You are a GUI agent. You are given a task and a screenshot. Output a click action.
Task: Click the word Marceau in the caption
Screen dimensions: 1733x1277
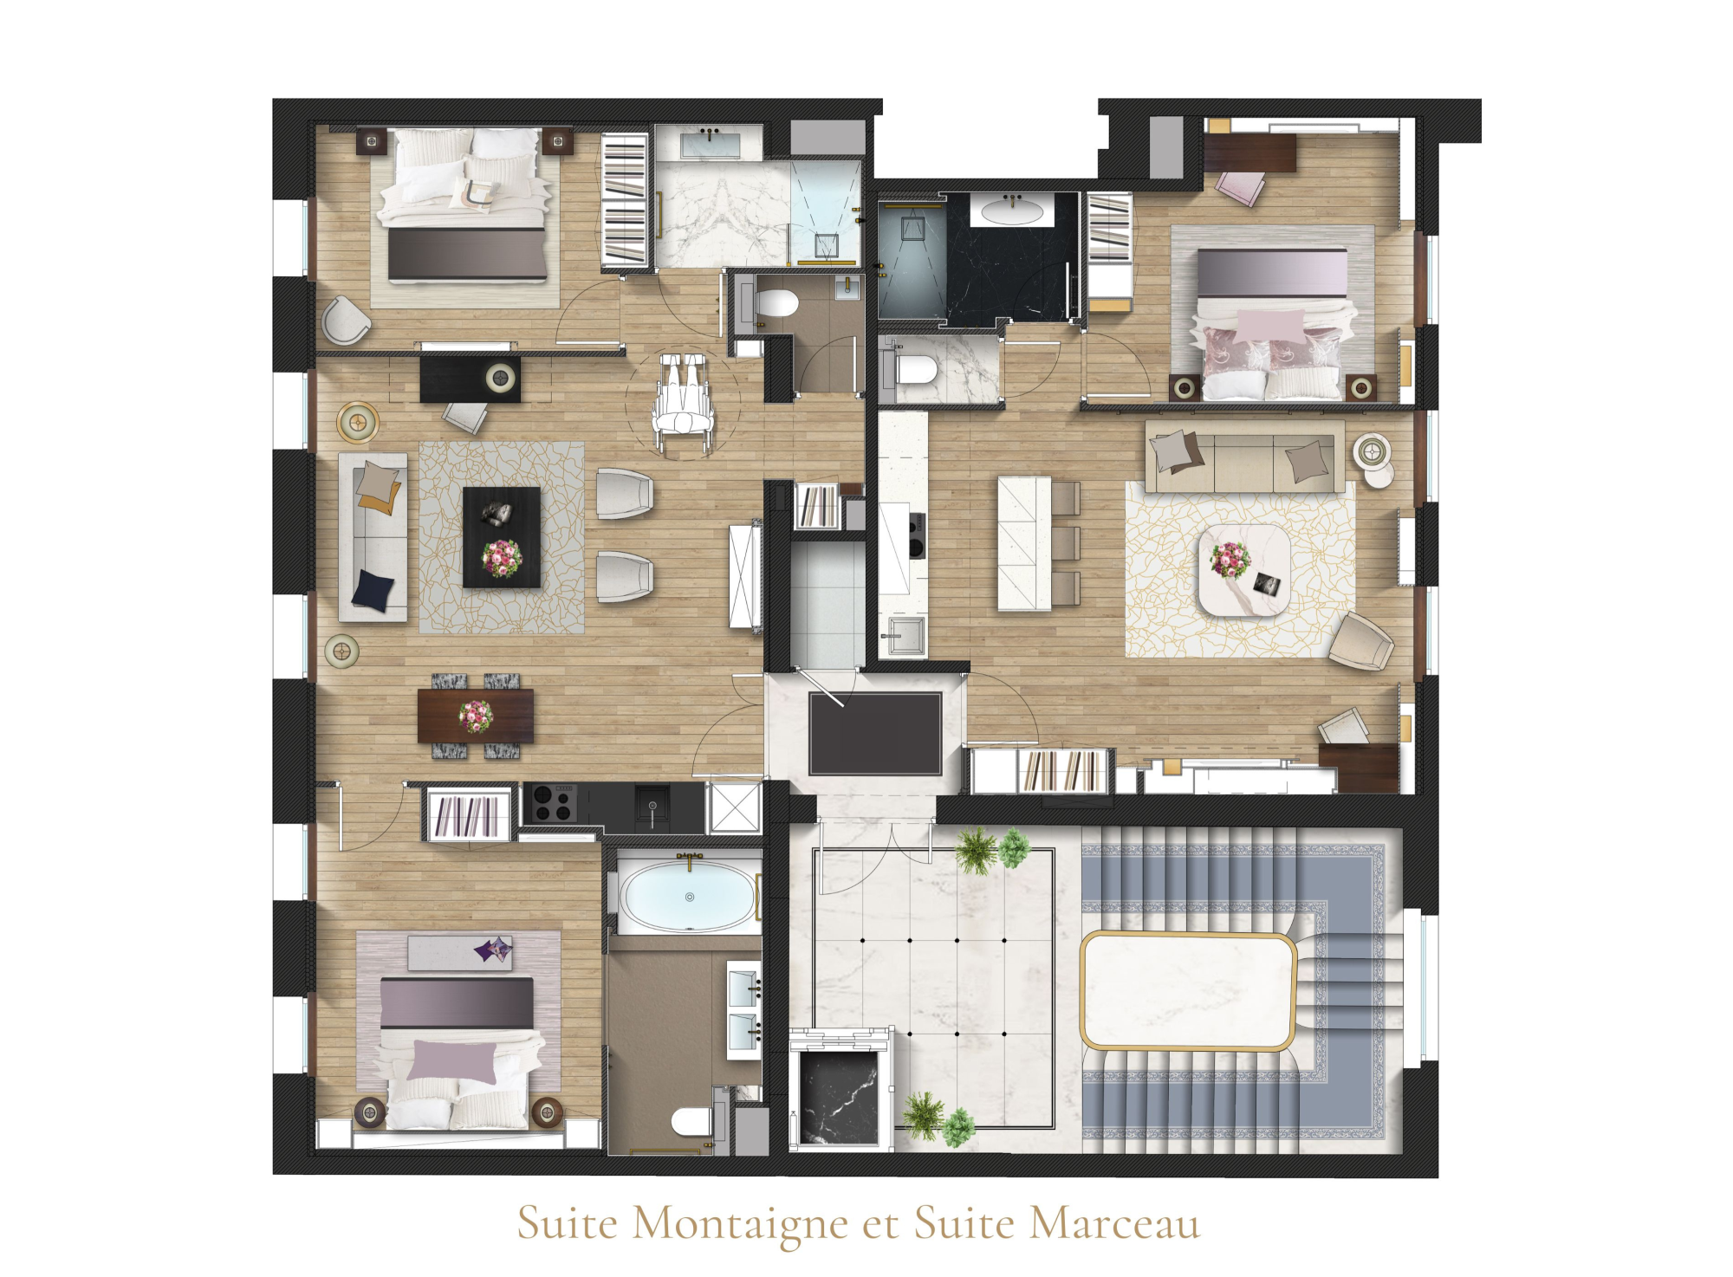coord(1115,1223)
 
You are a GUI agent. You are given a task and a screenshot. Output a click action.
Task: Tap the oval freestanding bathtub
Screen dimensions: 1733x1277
coord(689,898)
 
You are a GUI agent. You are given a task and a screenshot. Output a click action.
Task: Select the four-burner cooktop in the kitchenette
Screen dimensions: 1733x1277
coord(554,802)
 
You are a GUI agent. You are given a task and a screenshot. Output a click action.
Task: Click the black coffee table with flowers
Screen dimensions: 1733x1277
coord(502,537)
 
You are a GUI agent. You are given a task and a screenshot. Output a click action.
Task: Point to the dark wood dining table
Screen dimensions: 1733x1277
coord(476,716)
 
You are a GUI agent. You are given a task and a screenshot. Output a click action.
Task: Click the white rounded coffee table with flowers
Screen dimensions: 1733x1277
coord(1244,571)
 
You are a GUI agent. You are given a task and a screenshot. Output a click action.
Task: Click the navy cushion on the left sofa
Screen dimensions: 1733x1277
coord(374,589)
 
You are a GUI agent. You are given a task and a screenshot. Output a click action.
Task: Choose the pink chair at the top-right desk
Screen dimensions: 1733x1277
coord(1240,187)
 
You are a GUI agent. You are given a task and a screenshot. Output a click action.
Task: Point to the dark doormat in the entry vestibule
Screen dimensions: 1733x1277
coord(875,733)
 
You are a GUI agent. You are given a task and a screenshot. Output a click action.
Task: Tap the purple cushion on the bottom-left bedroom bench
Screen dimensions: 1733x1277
coord(493,950)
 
